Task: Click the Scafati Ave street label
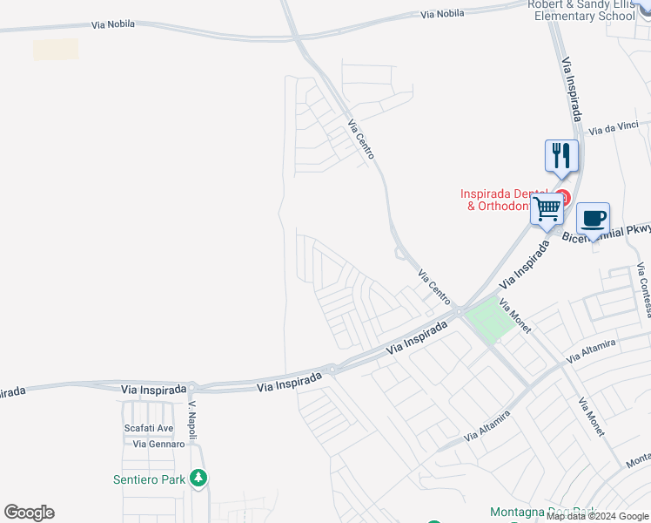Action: coord(148,428)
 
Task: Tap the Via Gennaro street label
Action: coord(159,444)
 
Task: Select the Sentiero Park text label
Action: coord(151,479)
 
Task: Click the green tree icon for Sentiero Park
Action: coord(199,479)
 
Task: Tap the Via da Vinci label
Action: coord(614,130)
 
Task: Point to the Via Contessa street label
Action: coord(643,278)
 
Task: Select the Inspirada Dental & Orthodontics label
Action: coord(505,200)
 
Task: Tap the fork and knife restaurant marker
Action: coord(561,156)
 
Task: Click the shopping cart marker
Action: coord(547,209)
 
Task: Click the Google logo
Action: coord(29,513)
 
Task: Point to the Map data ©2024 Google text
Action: coord(598,517)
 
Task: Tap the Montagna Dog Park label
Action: coord(542,512)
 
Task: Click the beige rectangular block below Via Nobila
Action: coord(56,50)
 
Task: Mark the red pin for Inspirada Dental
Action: coord(562,198)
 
